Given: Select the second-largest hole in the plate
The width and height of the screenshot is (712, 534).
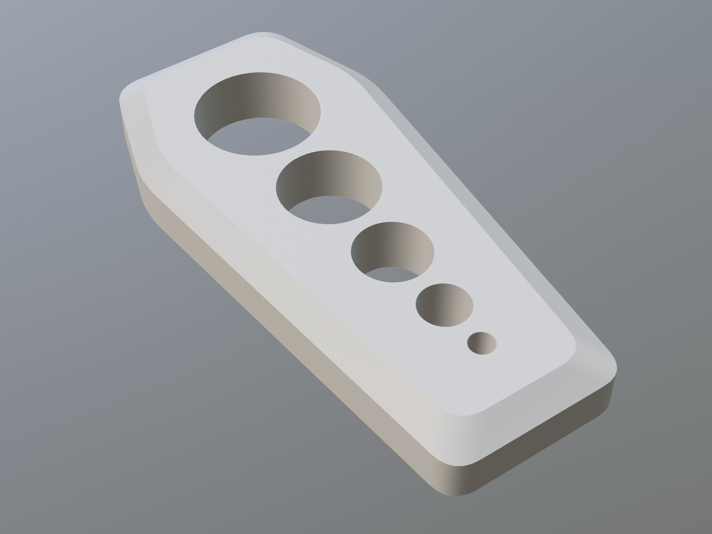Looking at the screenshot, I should click(329, 186).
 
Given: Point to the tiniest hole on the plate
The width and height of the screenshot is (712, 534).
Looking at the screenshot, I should click(482, 343).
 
